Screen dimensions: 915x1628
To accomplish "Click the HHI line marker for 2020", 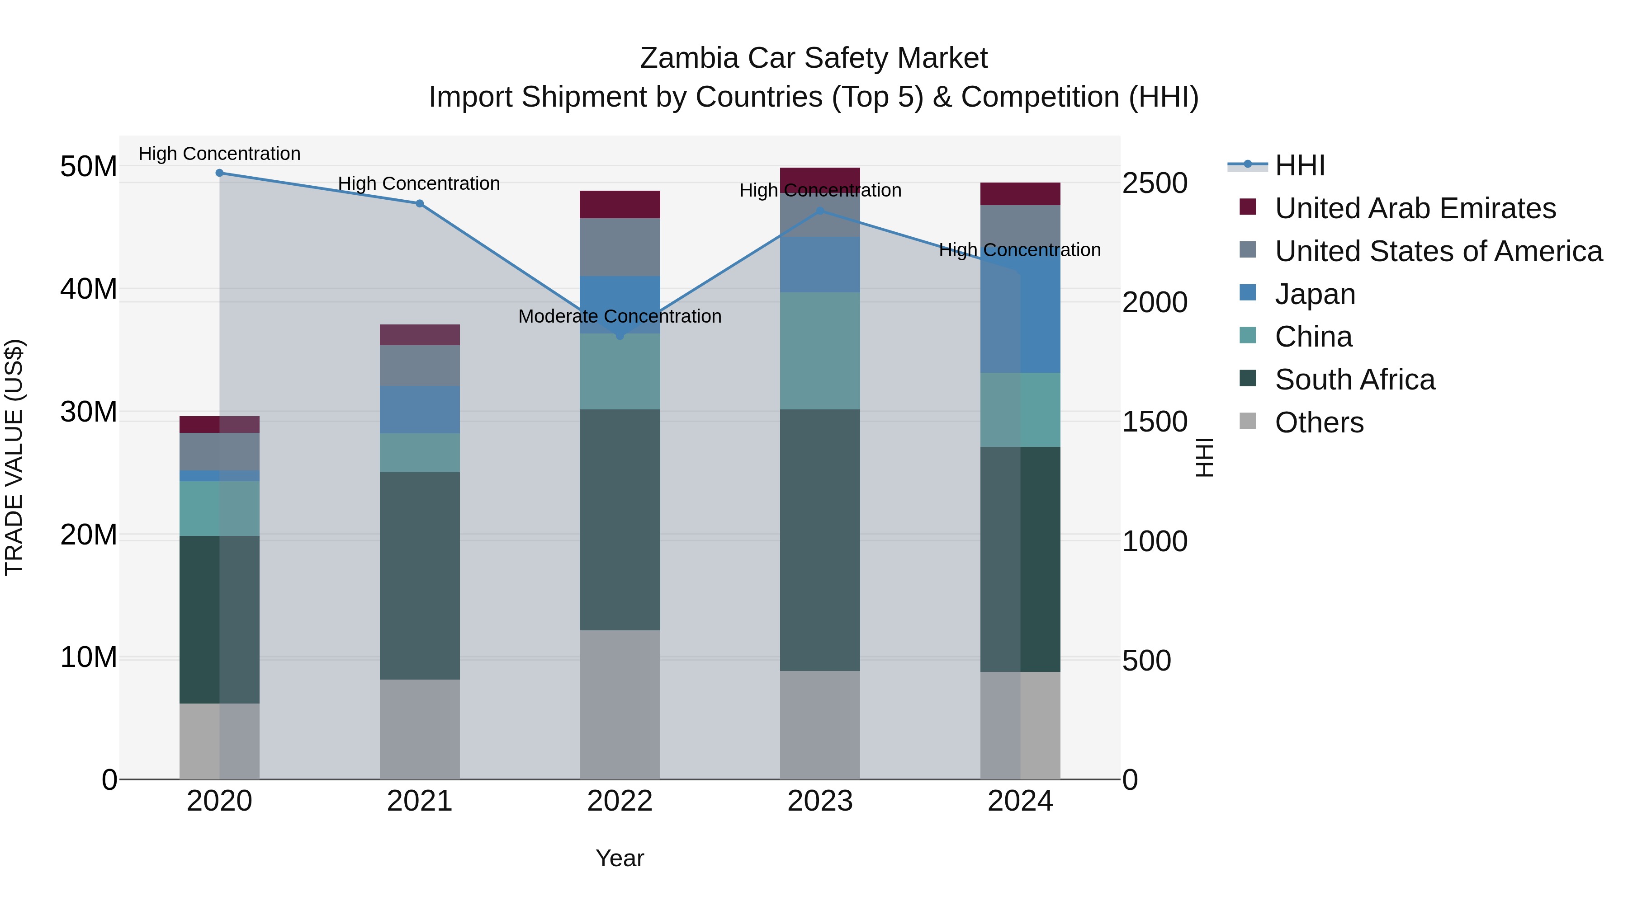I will [x=219, y=173].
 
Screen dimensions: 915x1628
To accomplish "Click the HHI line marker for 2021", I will [x=420, y=203].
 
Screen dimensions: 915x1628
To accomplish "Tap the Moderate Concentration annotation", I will [x=620, y=316].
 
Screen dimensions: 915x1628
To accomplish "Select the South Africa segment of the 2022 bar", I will [x=620, y=519].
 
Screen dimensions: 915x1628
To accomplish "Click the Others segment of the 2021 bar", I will [x=420, y=729].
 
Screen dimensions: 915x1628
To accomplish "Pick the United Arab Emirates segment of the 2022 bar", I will [x=620, y=205].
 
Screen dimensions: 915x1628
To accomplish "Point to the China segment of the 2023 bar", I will [x=820, y=351].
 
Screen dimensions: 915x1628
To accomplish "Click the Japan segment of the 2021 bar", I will [x=420, y=409].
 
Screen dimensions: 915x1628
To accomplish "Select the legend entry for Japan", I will [x=1315, y=294].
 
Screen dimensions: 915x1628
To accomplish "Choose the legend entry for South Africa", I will [x=1354, y=380].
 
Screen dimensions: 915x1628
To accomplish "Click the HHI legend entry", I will [x=1299, y=165].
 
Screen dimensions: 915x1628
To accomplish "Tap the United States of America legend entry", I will [x=1438, y=251].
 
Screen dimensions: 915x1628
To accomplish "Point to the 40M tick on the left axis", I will [x=89, y=289].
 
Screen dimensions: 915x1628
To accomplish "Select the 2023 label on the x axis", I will [x=820, y=801].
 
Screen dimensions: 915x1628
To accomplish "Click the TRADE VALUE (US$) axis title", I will [x=14, y=457].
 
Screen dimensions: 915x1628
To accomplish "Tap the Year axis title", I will [x=620, y=858].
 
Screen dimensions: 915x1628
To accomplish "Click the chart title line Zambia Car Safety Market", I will [x=814, y=58].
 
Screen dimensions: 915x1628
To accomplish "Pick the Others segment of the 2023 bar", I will [x=820, y=724].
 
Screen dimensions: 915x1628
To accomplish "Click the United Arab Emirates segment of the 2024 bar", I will [x=1020, y=194].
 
